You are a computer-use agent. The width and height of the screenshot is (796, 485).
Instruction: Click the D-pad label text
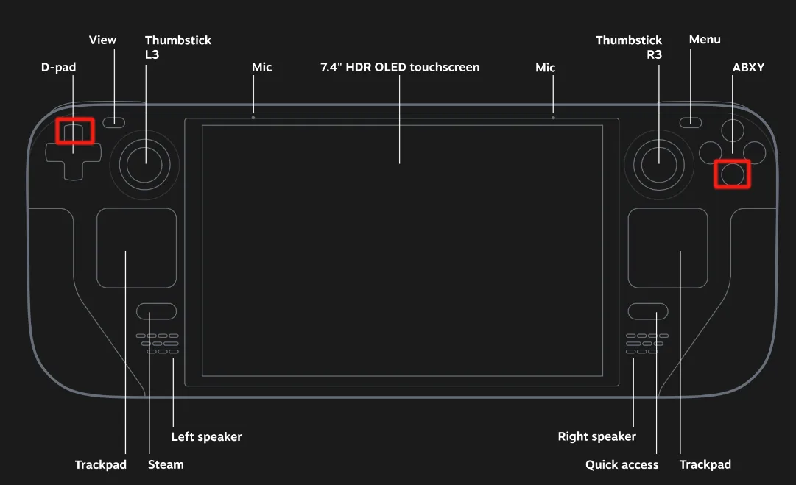58,68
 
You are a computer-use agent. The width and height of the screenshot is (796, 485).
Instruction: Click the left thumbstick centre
145,163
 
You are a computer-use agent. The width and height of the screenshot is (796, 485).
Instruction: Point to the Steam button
156,311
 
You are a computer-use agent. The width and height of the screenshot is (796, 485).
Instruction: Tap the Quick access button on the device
648,311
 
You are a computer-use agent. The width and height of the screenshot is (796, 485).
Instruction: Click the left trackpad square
136,248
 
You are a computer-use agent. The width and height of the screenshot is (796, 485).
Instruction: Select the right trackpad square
668,248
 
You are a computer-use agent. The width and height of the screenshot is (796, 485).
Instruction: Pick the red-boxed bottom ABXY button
732,174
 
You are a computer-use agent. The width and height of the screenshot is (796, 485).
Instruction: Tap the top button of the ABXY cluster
732,131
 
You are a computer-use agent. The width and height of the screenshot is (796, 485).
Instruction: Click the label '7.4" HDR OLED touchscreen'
400,68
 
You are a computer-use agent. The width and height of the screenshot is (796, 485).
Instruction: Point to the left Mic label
261,68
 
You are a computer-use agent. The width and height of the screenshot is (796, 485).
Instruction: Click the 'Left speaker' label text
206,436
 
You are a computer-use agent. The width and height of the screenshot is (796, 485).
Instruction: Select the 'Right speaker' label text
596,436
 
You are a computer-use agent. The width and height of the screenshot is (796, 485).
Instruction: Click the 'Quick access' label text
621,464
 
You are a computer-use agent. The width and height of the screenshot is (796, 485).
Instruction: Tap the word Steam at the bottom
166,464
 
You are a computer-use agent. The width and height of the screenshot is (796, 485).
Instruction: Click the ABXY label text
748,68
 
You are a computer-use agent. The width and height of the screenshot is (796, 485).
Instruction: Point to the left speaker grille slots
158,344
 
